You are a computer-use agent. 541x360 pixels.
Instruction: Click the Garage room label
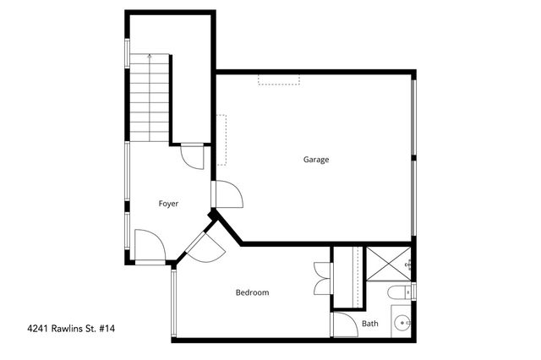(x=316, y=160)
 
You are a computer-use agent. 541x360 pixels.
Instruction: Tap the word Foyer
(x=168, y=204)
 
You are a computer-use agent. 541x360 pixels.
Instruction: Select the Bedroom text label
(x=252, y=292)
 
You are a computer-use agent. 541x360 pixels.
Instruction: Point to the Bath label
(x=370, y=323)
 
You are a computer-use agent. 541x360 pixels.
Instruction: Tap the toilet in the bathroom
(x=396, y=292)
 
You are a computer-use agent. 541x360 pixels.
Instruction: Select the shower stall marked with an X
(x=389, y=263)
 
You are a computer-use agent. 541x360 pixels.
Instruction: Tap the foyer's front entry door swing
(x=147, y=246)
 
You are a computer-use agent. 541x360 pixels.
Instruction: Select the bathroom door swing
(x=342, y=325)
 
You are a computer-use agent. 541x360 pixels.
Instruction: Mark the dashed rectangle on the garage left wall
(x=221, y=139)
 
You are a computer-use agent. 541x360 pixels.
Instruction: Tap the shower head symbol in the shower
(x=409, y=265)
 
